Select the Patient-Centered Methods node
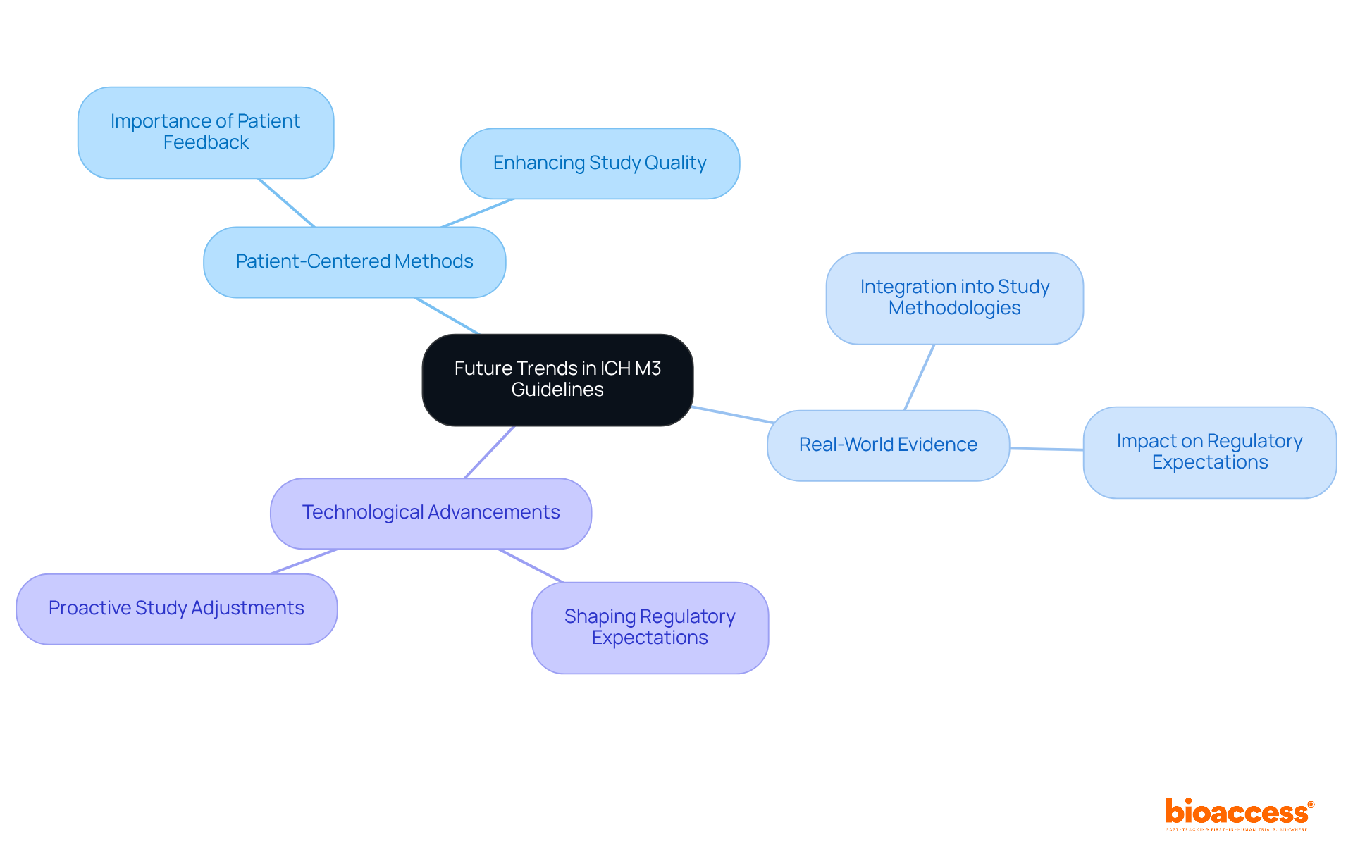point(354,262)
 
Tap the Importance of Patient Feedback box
point(206,132)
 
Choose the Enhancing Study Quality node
point(600,163)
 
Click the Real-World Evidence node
point(888,445)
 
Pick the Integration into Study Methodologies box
point(954,298)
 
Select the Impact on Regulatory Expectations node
point(1209,452)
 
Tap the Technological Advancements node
point(431,513)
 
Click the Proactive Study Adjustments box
point(176,609)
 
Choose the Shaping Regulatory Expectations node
point(650,627)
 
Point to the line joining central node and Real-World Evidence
point(733,414)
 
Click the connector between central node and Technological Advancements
point(490,452)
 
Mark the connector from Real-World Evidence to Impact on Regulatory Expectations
point(1046,449)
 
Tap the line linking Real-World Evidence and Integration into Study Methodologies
point(920,377)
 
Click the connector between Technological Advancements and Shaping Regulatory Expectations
point(531,566)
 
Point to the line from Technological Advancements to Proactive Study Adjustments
point(304,562)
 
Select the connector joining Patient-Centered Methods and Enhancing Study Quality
point(478,213)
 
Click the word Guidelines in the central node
point(557,390)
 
